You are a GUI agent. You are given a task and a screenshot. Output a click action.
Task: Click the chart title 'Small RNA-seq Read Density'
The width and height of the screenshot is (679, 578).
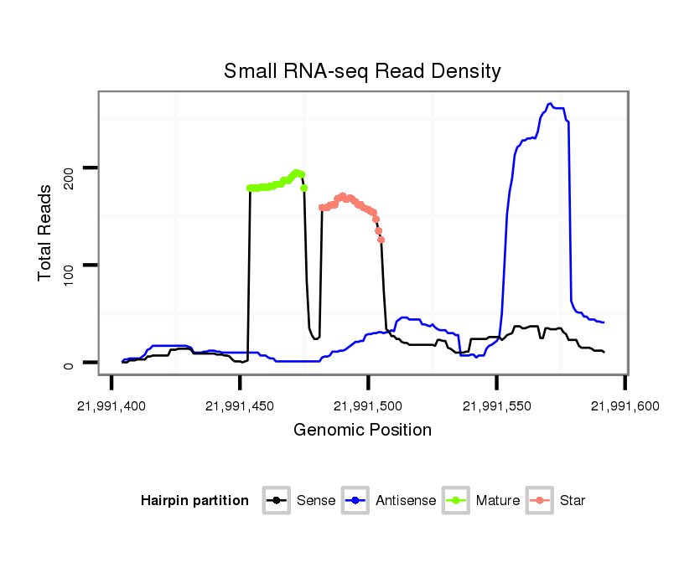(362, 71)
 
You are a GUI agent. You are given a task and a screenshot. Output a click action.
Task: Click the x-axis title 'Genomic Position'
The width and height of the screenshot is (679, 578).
(362, 431)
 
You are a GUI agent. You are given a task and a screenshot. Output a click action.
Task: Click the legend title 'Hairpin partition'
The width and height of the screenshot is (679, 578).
(195, 501)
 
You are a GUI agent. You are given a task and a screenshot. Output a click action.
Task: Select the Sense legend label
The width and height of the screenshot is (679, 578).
(316, 501)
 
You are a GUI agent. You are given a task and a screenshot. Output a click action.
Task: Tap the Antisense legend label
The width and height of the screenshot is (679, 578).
(406, 501)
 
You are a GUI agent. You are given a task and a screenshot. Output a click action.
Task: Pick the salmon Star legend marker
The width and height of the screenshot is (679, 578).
(540, 501)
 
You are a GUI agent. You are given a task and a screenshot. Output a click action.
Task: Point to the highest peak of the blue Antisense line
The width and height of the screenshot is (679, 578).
(550, 104)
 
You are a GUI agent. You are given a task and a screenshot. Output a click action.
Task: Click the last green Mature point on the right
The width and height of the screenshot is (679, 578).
(304, 188)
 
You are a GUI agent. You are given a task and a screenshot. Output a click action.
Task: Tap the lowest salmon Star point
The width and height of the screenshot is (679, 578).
(381, 240)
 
